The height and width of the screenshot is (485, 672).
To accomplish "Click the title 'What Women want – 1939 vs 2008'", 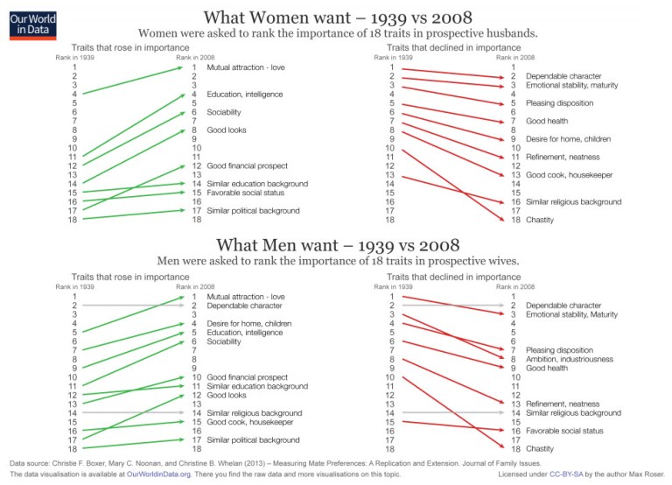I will coord(336,18).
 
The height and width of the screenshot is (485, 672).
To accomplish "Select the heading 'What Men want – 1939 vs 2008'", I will coord(336,245).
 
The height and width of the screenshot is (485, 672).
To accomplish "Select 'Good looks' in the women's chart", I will coord(226,130).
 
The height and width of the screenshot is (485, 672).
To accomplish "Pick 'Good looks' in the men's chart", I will coord(226,395).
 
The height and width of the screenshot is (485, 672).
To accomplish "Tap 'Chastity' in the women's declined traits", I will coord(541,220).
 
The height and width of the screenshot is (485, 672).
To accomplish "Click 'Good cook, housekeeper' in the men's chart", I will coord(250,422).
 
